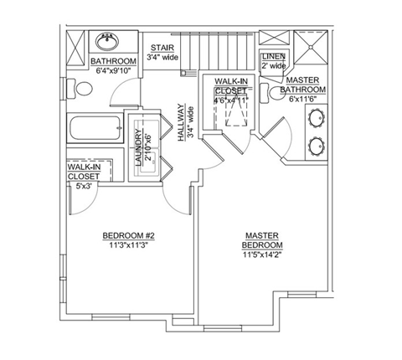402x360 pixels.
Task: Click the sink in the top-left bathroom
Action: (x=108, y=39)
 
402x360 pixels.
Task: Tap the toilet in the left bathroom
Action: (x=80, y=88)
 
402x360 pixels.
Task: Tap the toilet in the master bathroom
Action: (x=265, y=94)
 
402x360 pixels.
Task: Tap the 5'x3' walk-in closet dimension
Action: (x=83, y=186)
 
